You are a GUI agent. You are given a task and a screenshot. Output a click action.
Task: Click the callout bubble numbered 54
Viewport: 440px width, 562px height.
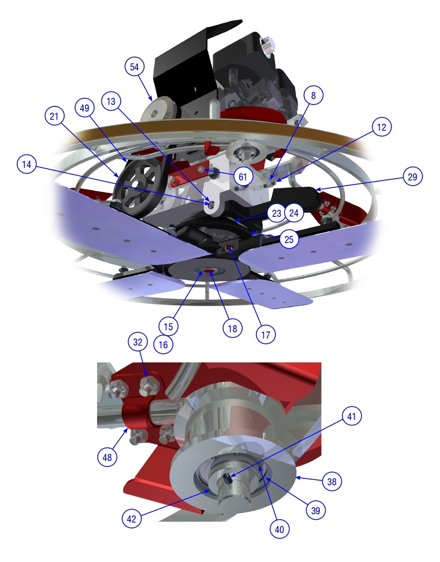[x=134, y=67]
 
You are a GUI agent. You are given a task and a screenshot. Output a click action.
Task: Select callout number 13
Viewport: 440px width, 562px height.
[x=111, y=101]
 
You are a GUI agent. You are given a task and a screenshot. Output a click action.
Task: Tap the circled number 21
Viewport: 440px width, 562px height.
[x=54, y=116]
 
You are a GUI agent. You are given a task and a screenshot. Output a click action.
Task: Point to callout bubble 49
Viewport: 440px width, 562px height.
[x=85, y=108]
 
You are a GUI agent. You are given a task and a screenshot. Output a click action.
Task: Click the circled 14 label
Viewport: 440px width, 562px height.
[x=27, y=164]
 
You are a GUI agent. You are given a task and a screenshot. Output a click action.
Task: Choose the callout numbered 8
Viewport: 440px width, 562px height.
[x=313, y=95]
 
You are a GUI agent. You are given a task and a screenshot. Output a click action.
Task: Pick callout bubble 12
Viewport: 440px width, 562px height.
[x=382, y=127]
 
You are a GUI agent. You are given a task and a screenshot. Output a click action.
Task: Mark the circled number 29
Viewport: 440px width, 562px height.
[x=413, y=177]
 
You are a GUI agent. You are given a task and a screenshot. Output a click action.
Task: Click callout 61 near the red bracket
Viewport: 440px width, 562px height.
[x=243, y=177]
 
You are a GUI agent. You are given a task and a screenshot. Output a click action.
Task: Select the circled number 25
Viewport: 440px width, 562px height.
[x=289, y=240]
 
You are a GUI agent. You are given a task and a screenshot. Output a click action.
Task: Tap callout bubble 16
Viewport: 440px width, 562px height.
[x=163, y=344]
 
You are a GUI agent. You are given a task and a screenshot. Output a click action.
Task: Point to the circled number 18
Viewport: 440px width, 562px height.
[x=233, y=329]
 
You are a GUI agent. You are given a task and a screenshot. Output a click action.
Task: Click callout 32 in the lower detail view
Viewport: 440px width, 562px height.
[x=138, y=342]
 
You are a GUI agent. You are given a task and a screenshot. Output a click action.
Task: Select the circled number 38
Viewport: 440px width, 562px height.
[x=332, y=481]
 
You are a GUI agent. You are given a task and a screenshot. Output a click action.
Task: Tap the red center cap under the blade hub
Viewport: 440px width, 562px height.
[x=209, y=271]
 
